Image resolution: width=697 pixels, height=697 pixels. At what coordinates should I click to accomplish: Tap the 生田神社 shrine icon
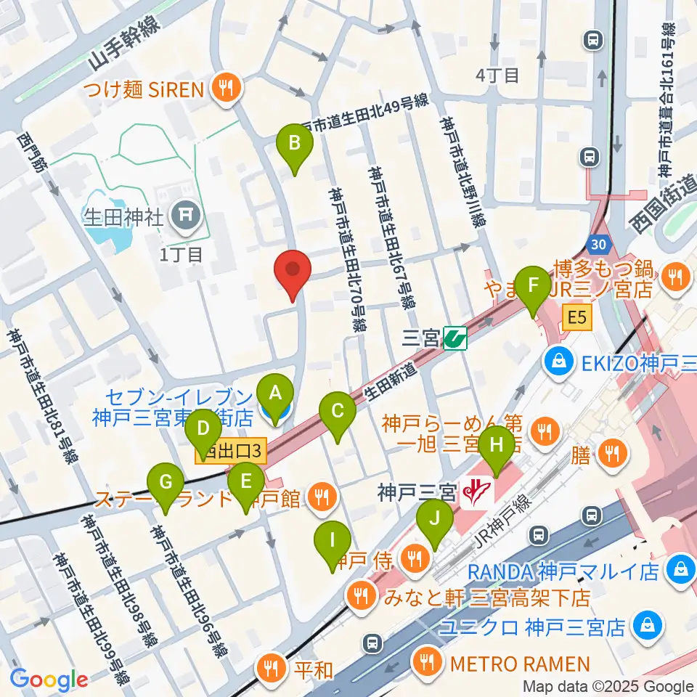[180, 213]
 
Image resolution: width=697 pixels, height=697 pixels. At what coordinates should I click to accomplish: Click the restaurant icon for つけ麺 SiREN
[227, 89]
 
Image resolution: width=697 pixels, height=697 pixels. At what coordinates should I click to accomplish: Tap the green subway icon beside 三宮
[455, 338]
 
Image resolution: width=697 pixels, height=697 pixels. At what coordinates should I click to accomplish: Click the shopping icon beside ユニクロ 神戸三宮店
[645, 624]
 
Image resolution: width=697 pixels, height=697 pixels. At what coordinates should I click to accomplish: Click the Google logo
[49, 680]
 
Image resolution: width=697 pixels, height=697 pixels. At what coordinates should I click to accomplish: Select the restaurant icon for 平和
[273, 667]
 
